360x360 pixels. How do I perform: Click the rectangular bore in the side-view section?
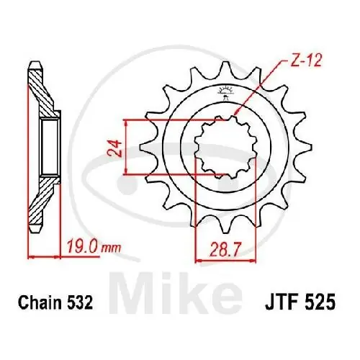(x=49, y=147)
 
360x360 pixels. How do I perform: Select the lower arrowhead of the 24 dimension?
(x=128, y=172)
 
